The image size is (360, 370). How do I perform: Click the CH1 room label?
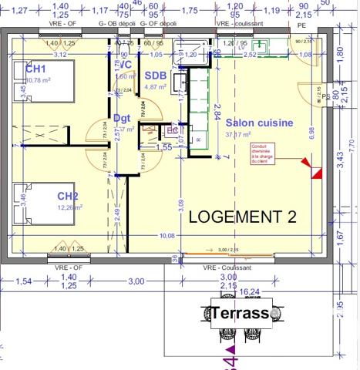coord(18,69)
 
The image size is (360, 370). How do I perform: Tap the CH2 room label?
coord(69,196)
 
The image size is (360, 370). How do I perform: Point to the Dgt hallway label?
coord(122,118)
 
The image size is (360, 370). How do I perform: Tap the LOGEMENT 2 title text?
coord(242,217)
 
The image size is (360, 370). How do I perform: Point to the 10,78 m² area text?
coord(39,79)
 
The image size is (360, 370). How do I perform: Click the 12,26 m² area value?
coord(70,207)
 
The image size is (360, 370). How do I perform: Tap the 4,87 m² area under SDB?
coord(156,87)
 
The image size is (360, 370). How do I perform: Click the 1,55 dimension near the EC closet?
coord(164,146)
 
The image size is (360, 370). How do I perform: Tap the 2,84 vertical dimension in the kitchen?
coord(219,113)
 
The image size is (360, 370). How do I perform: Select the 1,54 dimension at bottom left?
coord(24,281)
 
